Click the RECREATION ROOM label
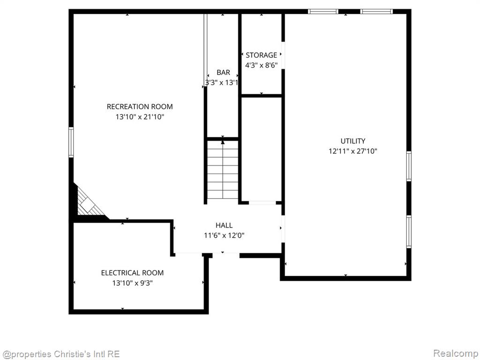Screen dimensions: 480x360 click(140, 106)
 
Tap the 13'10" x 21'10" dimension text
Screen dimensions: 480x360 click(140, 117)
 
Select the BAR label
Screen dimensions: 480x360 click(223, 73)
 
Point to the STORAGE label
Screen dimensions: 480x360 click(262, 55)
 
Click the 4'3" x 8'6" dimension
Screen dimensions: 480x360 click(262, 65)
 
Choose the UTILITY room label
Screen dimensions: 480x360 click(353, 141)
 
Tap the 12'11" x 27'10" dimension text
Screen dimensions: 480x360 click(353, 151)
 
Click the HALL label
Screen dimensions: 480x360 click(224, 225)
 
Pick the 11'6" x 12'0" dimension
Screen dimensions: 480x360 click(224, 235)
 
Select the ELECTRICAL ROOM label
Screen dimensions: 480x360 click(132, 273)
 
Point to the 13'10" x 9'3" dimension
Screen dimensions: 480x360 click(132, 283)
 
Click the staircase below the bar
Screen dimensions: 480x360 click(223, 170)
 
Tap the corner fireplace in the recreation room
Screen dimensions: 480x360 click(89, 202)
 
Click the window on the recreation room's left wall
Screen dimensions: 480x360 click(71, 142)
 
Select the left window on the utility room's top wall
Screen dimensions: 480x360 click(323, 12)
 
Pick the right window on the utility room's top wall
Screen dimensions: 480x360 click(376, 12)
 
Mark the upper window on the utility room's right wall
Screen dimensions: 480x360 click(409, 166)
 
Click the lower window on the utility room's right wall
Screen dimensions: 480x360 click(409, 232)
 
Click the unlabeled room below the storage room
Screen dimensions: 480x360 click(262, 149)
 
